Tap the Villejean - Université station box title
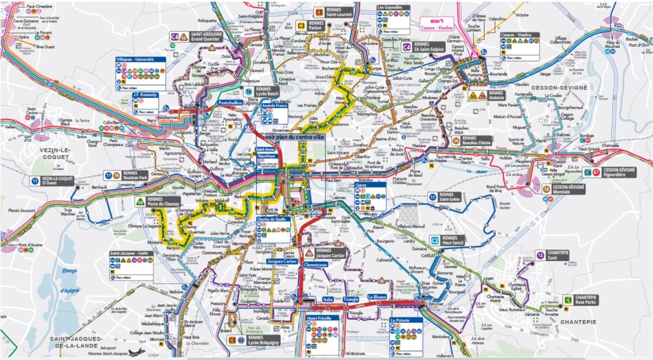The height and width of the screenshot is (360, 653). pos(135,59)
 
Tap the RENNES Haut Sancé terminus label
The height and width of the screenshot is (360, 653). pos(453,241)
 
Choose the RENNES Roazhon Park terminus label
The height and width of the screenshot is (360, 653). pos(133,175)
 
